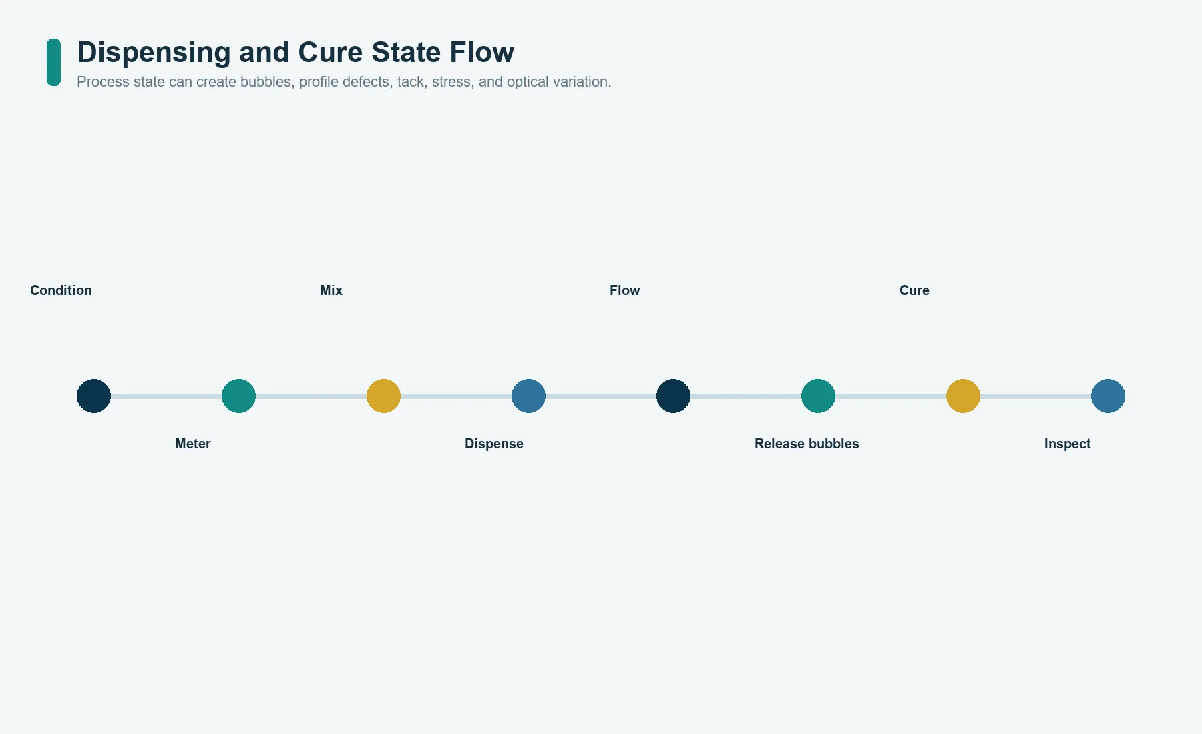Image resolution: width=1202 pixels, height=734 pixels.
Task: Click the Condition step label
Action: [61, 290]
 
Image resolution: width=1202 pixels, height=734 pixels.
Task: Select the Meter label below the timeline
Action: [193, 444]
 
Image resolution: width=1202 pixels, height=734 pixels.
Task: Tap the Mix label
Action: [331, 290]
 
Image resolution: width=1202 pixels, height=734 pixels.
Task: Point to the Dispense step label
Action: [494, 444]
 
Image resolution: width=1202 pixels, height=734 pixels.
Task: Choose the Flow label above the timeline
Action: [625, 290]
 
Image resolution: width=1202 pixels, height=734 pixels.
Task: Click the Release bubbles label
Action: [807, 444]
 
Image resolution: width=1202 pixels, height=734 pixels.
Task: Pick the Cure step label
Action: [914, 290]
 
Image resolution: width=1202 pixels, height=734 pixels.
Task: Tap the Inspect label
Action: [1067, 444]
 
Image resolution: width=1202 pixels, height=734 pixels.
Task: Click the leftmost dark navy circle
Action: [93, 396]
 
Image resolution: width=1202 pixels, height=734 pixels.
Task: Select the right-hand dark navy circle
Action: [673, 396]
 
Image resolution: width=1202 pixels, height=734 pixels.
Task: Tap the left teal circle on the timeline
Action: [238, 396]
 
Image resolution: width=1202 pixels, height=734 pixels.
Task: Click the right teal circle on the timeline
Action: [818, 396]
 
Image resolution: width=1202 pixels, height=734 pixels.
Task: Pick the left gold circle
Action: [383, 396]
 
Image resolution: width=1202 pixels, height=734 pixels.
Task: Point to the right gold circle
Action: [963, 396]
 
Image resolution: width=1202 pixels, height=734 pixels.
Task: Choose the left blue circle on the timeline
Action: [528, 396]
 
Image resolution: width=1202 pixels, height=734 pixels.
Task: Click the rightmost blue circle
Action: [1108, 396]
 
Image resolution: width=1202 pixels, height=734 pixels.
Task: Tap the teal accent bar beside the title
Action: [53, 62]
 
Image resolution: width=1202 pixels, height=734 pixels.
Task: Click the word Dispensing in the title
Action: [154, 53]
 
